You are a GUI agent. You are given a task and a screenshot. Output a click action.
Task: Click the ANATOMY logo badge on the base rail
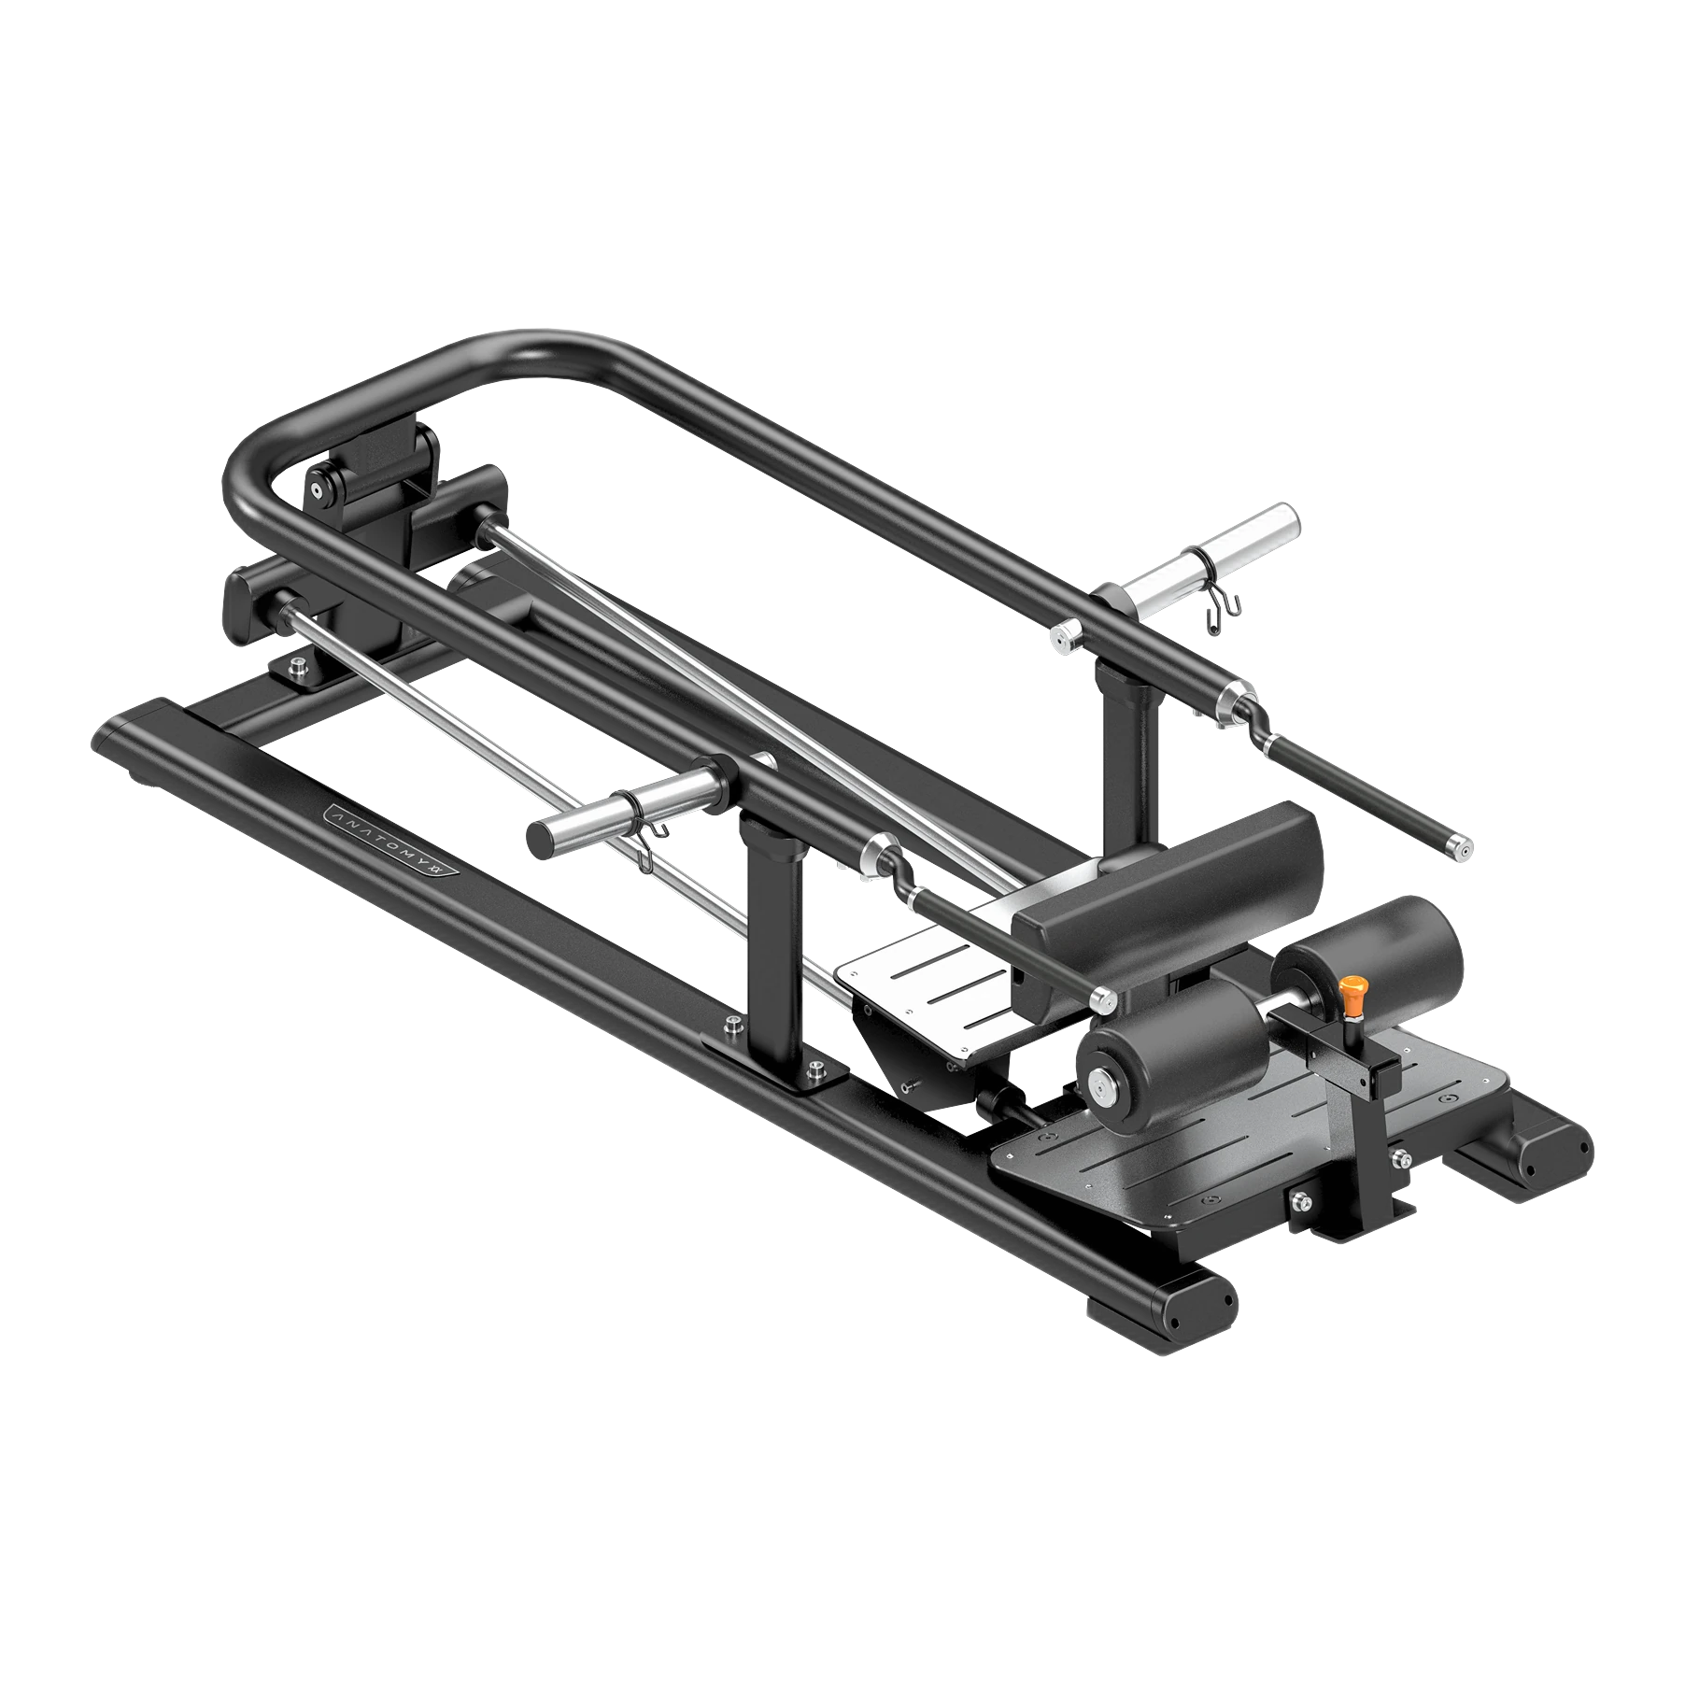391,842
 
